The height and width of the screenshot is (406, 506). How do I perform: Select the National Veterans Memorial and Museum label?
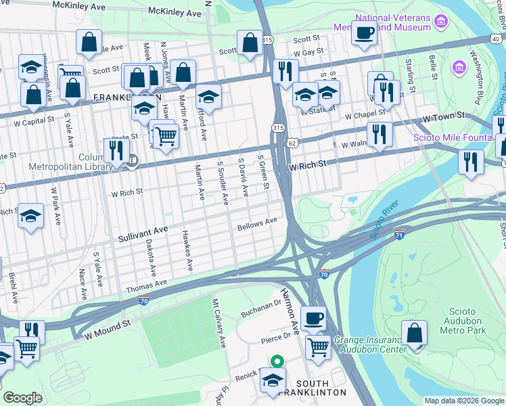coord(383,22)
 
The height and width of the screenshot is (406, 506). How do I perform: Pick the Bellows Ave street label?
coord(257,223)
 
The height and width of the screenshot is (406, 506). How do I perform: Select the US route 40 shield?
coord(497,40)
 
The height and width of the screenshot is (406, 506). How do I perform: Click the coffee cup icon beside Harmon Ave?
coord(313,318)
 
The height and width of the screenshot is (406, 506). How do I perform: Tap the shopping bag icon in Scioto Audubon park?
coord(414,332)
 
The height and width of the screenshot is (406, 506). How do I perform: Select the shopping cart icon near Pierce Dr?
coord(318,348)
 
